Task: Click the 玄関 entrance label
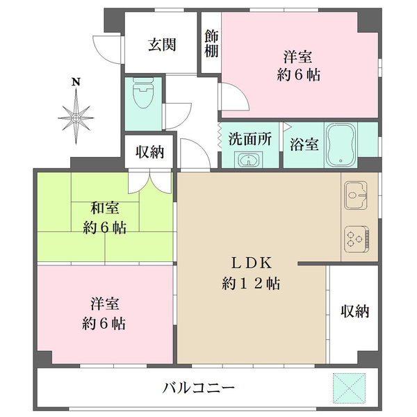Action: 161,45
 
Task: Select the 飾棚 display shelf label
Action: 211,43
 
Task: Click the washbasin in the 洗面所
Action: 247,161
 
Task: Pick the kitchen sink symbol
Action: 357,197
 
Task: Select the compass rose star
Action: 76,115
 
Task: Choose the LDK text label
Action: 251,263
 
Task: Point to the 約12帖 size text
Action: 251,284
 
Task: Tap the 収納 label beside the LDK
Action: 354,311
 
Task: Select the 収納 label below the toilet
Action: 149,152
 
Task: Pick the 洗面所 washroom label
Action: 250,138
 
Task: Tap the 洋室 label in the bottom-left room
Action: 106,304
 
